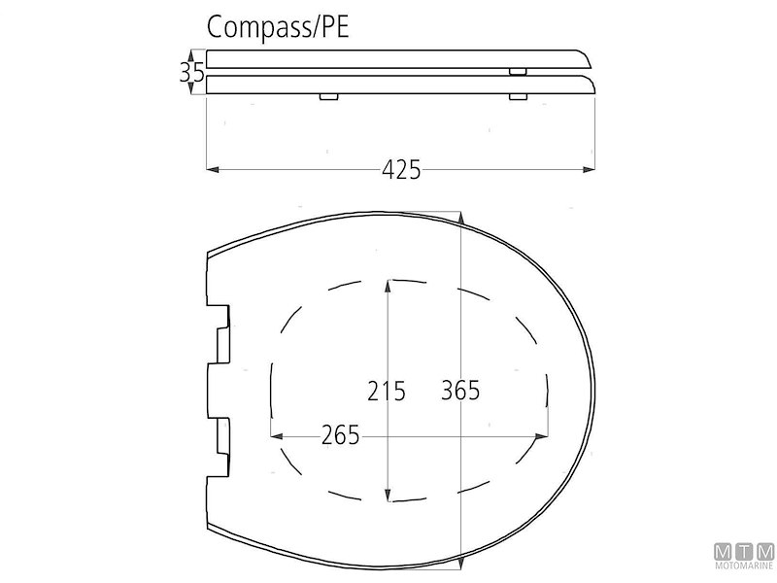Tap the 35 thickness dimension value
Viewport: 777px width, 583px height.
coord(190,72)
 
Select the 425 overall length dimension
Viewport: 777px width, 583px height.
coord(401,170)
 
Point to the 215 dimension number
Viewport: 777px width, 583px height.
coord(388,391)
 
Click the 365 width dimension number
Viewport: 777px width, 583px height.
coord(460,391)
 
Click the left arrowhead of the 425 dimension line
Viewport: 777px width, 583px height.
coord(214,170)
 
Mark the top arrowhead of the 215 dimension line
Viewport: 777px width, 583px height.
coord(388,284)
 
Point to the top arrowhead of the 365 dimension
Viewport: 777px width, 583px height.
coord(460,218)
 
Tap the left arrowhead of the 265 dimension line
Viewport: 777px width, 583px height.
coord(275,435)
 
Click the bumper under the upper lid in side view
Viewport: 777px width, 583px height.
coord(519,71)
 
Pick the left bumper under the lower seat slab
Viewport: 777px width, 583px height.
coord(328,96)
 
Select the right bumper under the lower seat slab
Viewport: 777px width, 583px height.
coord(519,96)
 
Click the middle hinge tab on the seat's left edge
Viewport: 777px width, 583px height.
coord(220,389)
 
